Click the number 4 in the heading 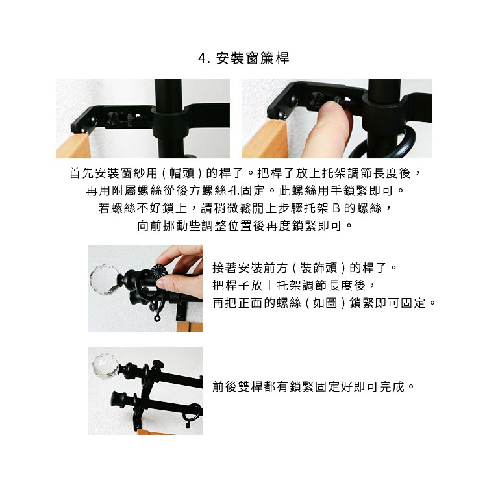pos(203,58)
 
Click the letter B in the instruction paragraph pos(336,208)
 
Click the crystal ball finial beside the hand pos(103,279)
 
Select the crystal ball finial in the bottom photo pos(106,366)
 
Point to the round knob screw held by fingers pos(158,272)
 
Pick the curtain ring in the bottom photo pos(192,415)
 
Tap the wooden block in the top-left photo pos(73,145)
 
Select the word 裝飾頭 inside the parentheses pos(319,268)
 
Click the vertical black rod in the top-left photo pos(169,118)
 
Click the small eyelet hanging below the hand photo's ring pos(158,318)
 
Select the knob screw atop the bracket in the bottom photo pos(158,364)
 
